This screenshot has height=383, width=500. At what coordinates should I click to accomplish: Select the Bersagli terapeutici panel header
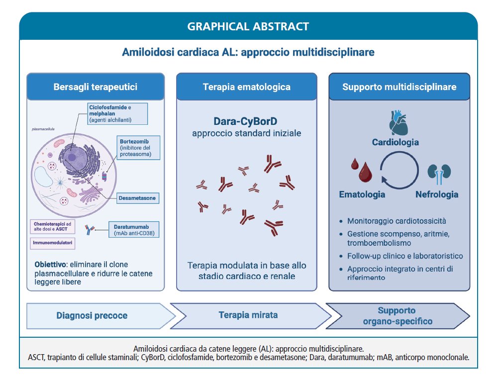tap(96, 87)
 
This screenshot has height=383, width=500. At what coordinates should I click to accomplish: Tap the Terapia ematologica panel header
tap(246, 87)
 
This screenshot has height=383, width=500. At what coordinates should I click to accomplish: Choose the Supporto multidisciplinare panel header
tap(399, 87)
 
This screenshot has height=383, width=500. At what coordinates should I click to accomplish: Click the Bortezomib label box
tap(139, 147)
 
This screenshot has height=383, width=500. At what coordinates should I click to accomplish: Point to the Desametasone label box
tap(137, 198)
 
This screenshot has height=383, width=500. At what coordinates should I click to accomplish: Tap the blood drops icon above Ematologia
tap(362, 170)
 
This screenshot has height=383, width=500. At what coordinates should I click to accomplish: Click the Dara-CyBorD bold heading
tap(246, 121)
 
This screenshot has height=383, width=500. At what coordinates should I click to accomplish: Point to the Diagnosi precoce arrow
tap(93, 315)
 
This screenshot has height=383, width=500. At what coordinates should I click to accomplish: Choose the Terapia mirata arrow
tap(248, 315)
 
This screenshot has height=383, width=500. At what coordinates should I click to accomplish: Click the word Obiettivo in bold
tap(52, 264)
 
